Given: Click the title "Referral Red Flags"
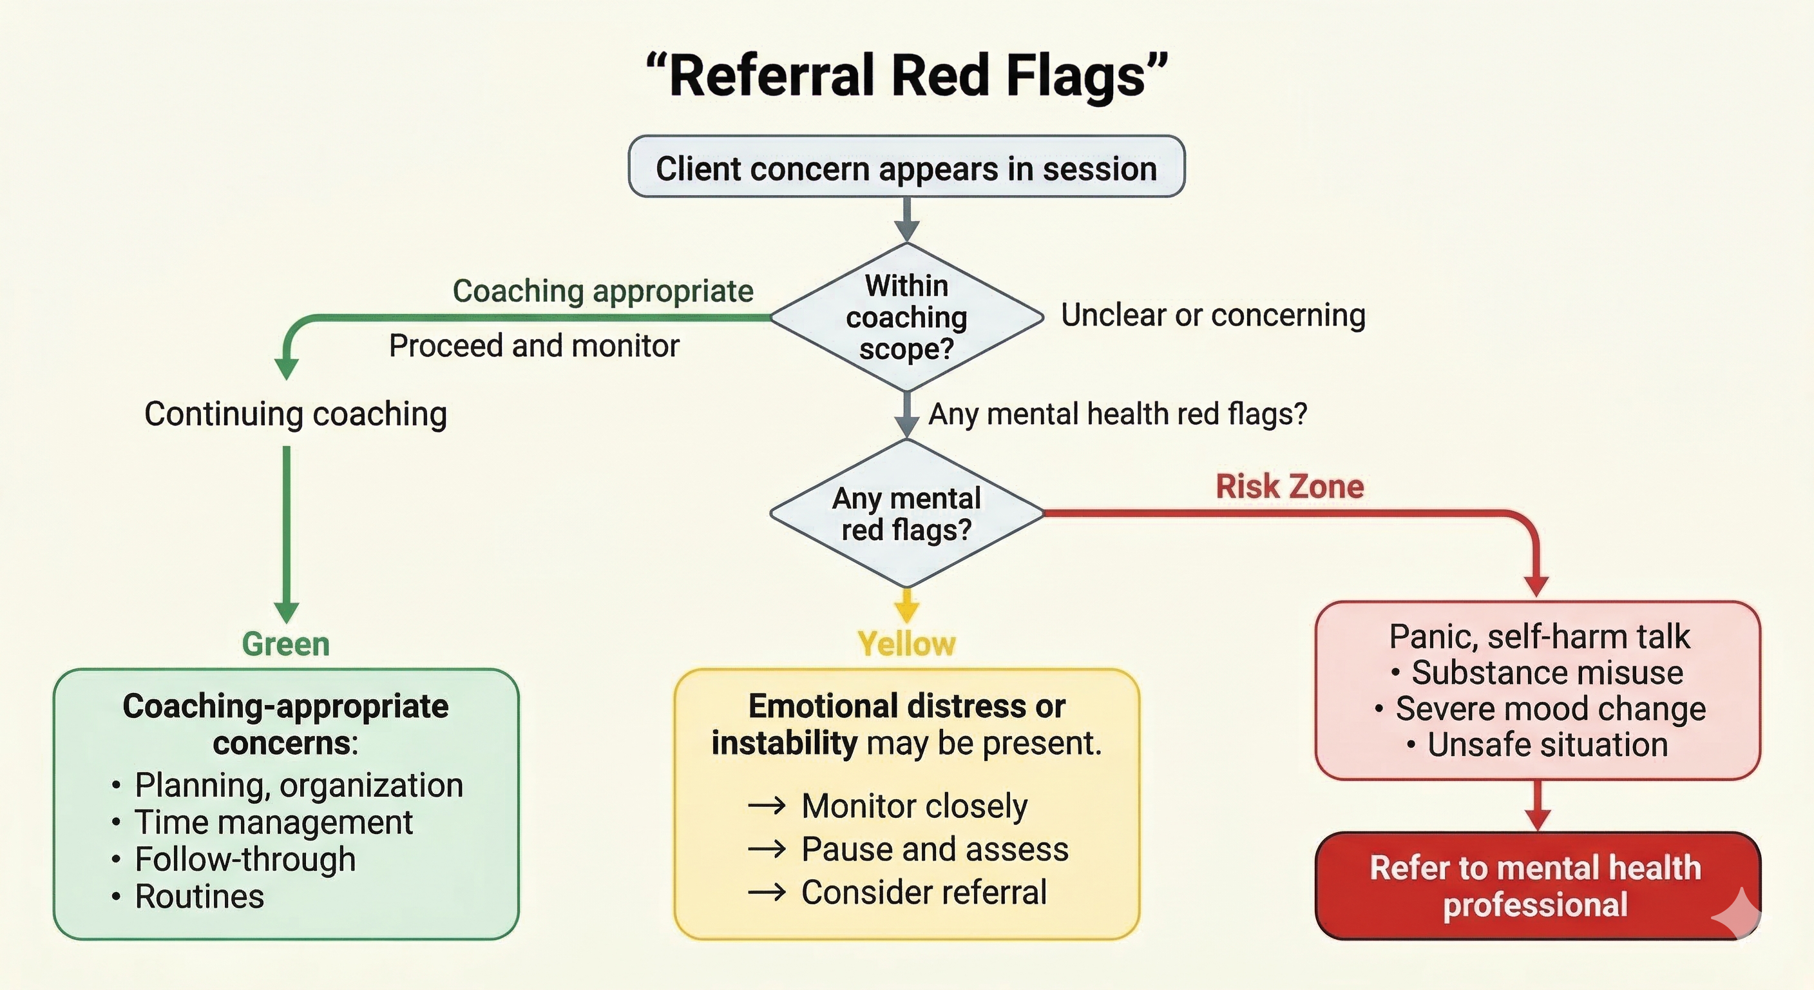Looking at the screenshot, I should (906, 75).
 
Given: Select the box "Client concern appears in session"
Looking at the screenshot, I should (906, 168).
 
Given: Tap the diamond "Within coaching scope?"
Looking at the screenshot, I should (906, 317).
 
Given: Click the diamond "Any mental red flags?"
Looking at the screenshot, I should (906, 514).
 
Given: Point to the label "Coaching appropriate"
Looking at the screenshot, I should (603, 291).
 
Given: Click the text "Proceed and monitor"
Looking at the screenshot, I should (534, 346).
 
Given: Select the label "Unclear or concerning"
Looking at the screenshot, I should (1212, 315).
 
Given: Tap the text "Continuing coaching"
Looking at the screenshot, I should (295, 414).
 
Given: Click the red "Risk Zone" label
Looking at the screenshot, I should (1290, 487).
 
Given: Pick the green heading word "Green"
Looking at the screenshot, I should (285, 644).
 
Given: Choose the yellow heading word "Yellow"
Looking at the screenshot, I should (906, 644).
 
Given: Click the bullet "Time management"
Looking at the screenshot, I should (273, 822).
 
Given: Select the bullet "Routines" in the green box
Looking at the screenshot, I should (199, 897).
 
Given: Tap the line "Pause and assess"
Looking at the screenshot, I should (935, 849).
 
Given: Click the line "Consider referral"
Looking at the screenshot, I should (924, 892).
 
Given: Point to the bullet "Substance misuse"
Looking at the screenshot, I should (1547, 672).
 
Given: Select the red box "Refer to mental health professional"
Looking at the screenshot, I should (1536, 886).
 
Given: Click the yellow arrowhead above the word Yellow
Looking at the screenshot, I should (906, 610).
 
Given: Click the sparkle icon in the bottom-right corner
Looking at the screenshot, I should (1738, 914).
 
